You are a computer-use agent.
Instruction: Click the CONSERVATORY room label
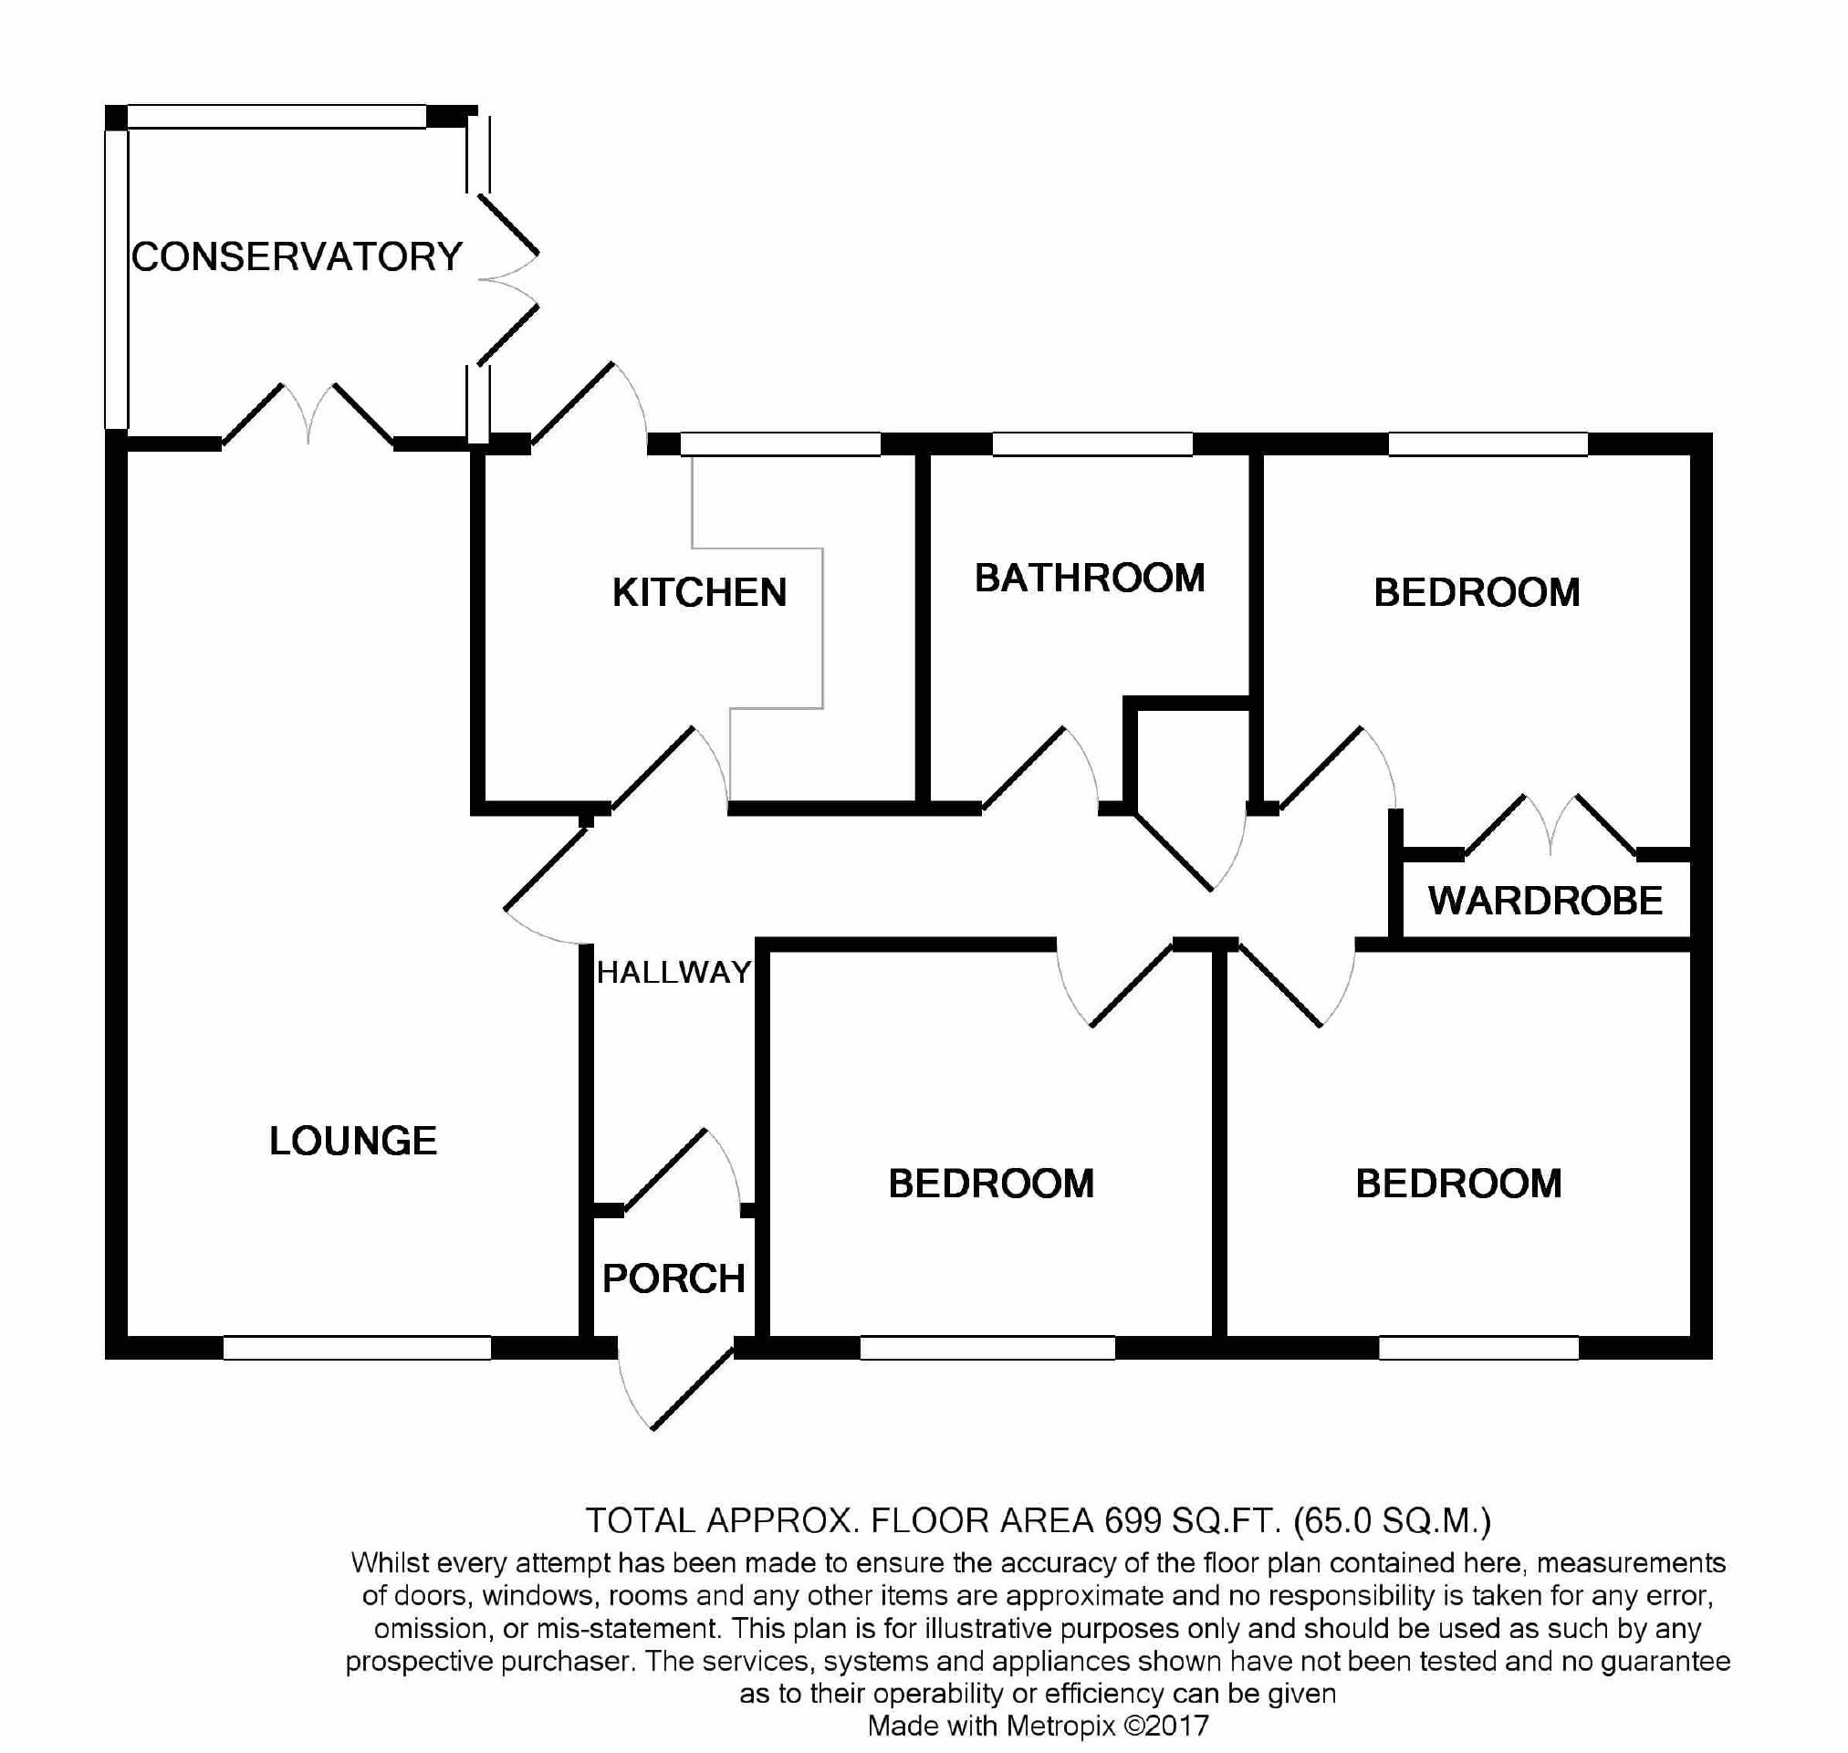coord(297,257)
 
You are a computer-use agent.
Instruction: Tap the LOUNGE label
coord(352,1141)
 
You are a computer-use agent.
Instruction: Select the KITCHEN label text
coord(699,592)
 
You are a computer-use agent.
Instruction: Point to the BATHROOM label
coord(1090,579)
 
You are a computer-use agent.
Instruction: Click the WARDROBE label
coord(1544,901)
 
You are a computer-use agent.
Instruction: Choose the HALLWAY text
coord(673,973)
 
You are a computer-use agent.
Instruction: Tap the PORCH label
coord(673,1278)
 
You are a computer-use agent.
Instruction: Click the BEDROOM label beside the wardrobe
coord(1477,592)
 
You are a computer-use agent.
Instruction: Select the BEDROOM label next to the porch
coord(990,1184)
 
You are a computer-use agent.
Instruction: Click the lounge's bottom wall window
coord(357,1348)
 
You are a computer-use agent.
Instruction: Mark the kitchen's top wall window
coord(780,443)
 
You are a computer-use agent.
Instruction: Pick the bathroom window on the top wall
coord(1091,443)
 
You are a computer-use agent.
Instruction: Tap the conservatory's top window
coord(277,117)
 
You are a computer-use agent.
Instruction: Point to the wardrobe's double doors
coord(1550,827)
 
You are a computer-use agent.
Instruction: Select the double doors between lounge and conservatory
coord(308,416)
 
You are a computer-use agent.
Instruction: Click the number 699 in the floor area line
coord(1132,1521)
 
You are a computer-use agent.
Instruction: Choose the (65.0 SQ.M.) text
coord(1391,1521)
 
